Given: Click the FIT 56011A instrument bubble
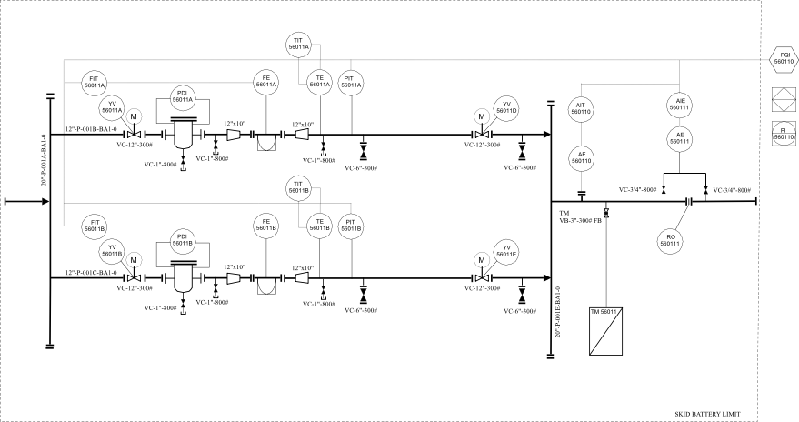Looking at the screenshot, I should [x=95, y=81].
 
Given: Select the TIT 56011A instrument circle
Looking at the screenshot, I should [x=300, y=43].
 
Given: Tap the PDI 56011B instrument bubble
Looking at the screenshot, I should [x=182, y=240].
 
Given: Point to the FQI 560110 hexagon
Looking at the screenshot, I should [x=784, y=57].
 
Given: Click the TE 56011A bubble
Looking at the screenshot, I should [x=320, y=81].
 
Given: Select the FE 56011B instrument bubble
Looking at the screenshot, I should [x=266, y=224].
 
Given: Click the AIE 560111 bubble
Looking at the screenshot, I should [x=679, y=103].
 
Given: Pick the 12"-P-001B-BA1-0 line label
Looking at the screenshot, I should [x=91, y=128].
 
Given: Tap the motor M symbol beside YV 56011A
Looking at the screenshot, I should [x=134, y=116].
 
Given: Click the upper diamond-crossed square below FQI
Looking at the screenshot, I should [x=783, y=95].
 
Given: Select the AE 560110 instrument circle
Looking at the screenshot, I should [x=583, y=157].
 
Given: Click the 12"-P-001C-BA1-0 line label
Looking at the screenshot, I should [x=91, y=272].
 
